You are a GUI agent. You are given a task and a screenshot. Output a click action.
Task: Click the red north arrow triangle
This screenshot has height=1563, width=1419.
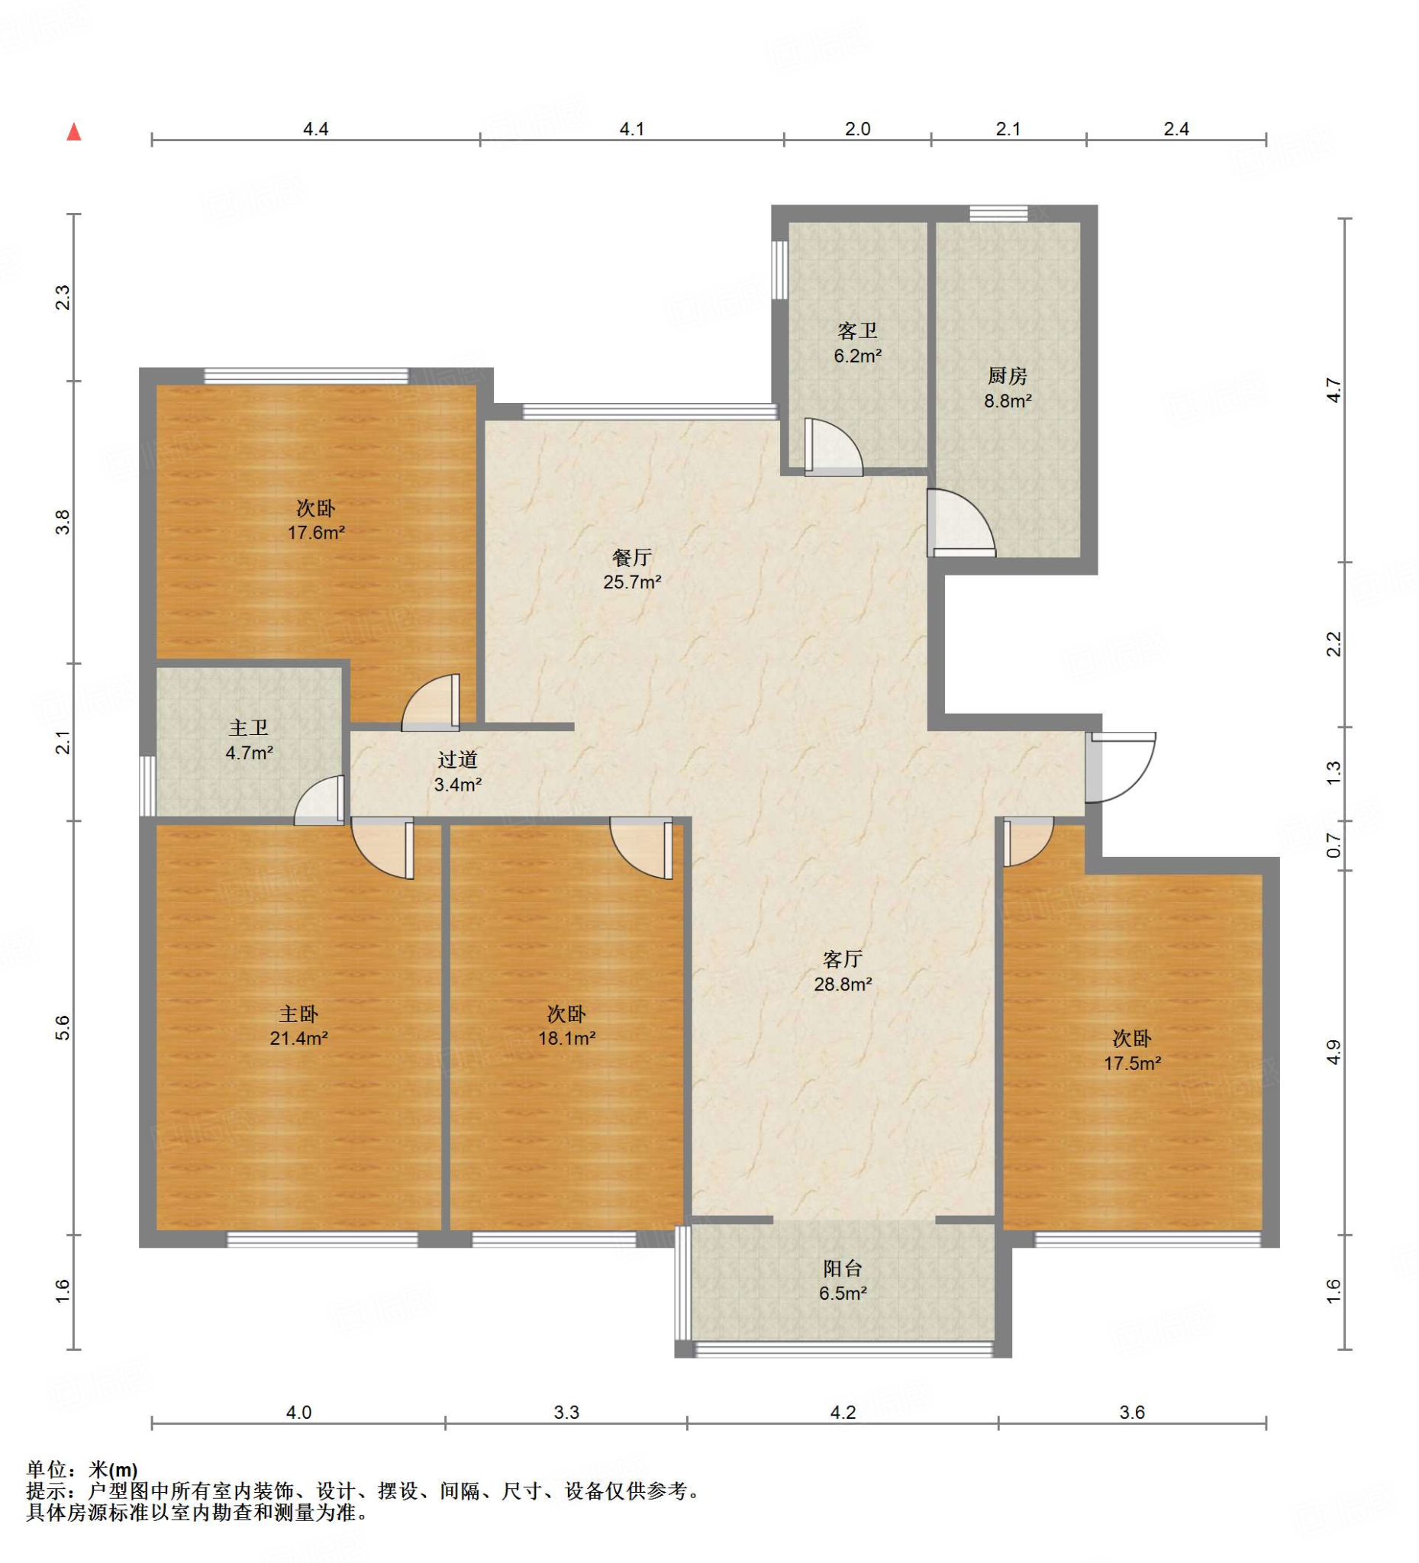tap(75, 132)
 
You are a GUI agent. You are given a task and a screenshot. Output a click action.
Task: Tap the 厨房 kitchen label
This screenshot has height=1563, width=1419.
tap(1008, 376)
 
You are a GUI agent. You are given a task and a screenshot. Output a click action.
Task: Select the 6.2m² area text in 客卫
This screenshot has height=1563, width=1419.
tap(858, 356)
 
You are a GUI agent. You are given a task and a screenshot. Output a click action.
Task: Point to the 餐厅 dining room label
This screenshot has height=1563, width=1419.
tap(632, 557)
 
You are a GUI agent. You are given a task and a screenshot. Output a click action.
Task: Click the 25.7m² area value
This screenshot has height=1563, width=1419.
tap(632, 582)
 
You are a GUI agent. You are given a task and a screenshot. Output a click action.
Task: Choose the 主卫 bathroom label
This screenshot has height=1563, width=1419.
tap(249, 727)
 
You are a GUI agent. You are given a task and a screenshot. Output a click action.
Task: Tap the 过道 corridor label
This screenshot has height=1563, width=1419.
tap(457, 760)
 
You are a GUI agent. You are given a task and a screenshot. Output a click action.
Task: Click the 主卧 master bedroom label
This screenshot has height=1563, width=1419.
tap(298, 1014)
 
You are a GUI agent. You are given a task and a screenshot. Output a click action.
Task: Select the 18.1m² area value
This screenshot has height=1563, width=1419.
tap(567, 1038)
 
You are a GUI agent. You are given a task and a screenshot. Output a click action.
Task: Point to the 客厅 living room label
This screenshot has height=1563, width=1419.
tap(843, 960)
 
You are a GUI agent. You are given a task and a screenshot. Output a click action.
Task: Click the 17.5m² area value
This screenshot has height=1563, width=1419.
tap(1132, 1063)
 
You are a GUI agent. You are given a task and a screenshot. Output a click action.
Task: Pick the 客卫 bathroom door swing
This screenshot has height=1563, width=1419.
tap(834, 447)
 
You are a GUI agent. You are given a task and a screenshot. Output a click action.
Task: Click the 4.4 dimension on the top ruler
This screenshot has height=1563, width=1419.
tap(315, 129)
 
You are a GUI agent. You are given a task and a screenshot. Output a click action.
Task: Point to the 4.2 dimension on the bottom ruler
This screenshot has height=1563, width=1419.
tap(843, 1413)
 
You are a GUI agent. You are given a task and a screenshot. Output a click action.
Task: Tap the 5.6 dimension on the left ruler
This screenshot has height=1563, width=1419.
tap(63, 1027)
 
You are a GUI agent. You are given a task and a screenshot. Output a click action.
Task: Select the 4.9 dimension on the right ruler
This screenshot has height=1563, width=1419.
tap(1334, 1052)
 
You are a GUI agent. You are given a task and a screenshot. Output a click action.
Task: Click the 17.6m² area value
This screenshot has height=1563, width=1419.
tap(316, 533)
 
